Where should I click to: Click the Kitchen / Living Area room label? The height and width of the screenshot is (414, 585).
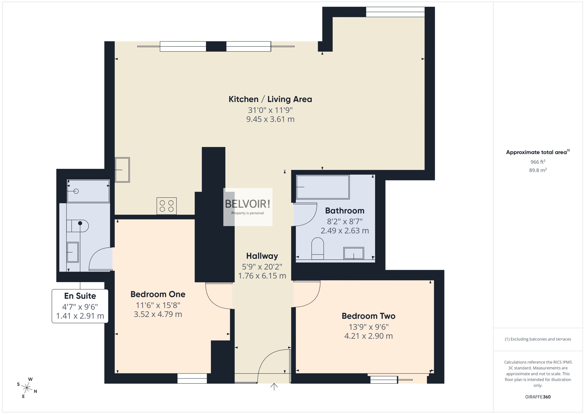(270, 99)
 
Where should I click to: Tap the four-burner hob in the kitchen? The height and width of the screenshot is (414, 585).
(166, 206)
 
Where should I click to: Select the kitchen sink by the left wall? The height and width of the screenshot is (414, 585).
(122, 170)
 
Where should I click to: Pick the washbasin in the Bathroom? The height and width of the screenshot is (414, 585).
(354, 253)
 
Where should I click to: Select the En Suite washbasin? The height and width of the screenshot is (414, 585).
(73, 252)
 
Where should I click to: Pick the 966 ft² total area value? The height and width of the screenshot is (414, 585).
(538, 162)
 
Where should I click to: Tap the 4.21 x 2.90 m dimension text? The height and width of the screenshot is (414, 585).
(368, 336)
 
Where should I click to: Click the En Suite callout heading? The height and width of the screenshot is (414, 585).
(80, 296)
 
